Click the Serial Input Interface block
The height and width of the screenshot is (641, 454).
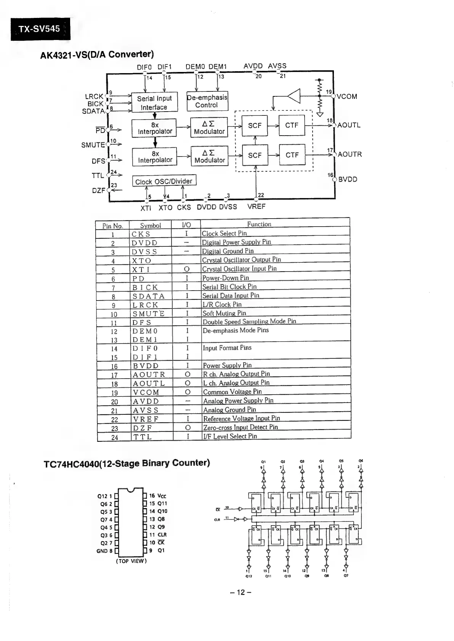154,102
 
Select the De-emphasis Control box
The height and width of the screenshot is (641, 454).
207,101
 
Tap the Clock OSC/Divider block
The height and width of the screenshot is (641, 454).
164,181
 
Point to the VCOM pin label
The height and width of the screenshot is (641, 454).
347,97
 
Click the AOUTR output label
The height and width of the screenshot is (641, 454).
350,155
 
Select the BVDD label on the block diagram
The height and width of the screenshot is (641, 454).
348,179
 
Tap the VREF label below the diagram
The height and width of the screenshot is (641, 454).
256,207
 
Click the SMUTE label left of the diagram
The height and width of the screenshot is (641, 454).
93,145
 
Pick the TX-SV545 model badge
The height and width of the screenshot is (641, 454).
40,29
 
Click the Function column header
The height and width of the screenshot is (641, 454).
259,224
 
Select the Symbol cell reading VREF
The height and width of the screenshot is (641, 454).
146,419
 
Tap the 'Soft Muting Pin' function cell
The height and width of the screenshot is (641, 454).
224,313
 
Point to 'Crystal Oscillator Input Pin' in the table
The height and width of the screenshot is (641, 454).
239,269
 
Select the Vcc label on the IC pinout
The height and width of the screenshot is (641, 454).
162,496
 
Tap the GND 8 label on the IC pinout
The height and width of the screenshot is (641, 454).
104,551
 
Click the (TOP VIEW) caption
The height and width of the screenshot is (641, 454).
131,561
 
